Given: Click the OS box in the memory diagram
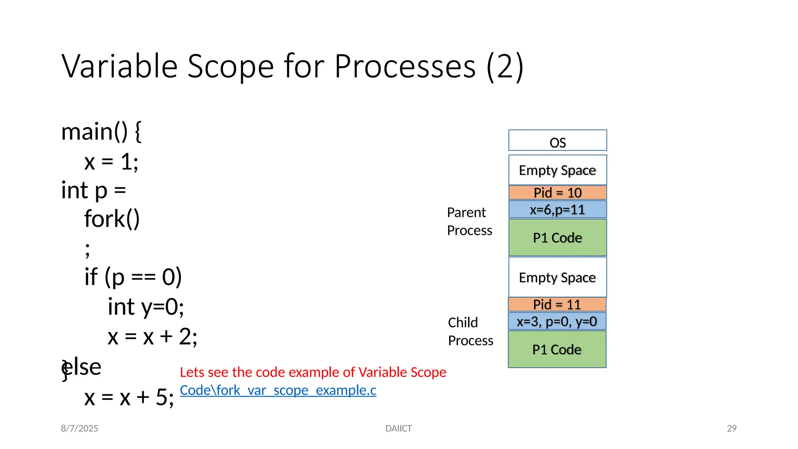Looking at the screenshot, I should [x=557, y=141].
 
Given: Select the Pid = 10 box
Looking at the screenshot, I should [x=557, y=193].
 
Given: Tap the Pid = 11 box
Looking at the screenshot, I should [x=557, y=304].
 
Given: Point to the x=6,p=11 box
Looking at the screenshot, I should [x=557, y=210].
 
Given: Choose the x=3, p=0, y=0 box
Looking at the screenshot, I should [x=557, y=322].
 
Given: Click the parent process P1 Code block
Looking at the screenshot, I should [x=557, y=237].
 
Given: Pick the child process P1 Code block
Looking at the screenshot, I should [x=557, y=349].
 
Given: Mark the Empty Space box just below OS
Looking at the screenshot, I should [x=557, y=170].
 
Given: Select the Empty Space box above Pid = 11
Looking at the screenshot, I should [x=557, y=277].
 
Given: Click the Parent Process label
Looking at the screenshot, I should [x=469, y=221].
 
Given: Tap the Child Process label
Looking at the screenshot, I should [x=470, y=331].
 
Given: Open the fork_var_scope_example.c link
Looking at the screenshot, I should [x=278, y=390].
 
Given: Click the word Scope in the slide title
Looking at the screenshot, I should [x=231, y=66].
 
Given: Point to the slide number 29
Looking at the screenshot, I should [x=731, y=428].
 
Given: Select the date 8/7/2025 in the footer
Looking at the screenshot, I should [x=79, y=428].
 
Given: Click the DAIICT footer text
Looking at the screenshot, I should [x=398, y=428].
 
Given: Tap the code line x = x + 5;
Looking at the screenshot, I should [x=129, y=398].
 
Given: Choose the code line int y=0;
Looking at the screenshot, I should [x=146, y=306].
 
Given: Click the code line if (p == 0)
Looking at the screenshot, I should [x=133, y=277].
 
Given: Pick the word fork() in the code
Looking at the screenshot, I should [x=112, y=219].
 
